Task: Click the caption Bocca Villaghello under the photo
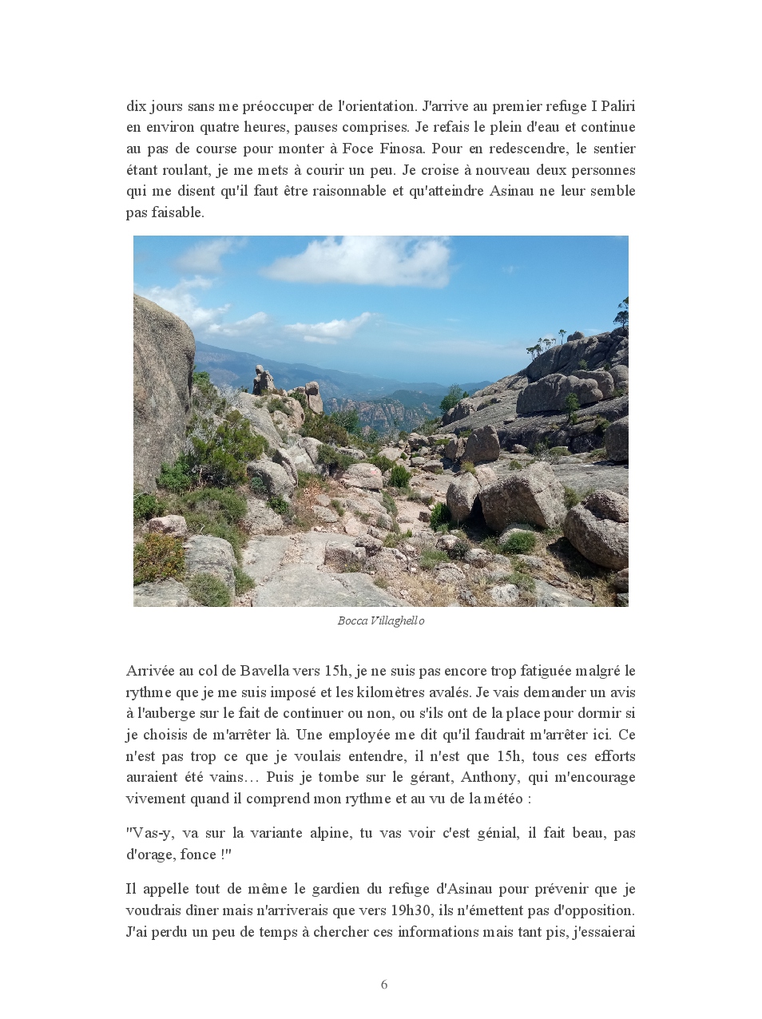(x=381, y=621)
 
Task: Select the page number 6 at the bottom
(x=384, y=985)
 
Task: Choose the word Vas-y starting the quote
(x=149, y=833)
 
